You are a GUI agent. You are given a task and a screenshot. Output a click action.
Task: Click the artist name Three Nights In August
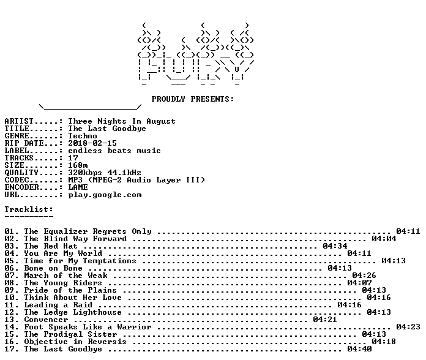coord(122,121)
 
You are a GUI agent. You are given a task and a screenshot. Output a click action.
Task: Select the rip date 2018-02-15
coord(92,143)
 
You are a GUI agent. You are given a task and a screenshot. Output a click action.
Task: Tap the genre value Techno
coord(83,136)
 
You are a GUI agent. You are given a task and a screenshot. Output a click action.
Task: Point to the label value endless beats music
coord(114,151)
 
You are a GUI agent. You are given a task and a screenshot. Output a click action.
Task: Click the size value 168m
coord(78,165)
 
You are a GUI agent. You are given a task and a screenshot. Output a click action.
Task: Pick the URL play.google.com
coord(105,195)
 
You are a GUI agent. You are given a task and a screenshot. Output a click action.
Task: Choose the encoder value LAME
coord(78,187)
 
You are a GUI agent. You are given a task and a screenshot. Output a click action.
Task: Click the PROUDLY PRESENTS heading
coord(193,99)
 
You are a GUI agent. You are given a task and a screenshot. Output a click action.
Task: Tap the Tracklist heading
coord(29,209)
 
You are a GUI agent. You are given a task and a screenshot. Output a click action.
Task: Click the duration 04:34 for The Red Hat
coord(335,246)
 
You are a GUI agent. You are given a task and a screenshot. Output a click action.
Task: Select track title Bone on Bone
coord(53,268)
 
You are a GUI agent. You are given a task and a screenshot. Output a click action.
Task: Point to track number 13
coord(10,320)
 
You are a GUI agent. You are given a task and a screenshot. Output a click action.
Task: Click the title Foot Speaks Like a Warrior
coord(88,327)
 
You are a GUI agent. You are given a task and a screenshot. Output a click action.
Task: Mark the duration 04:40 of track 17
coord(359,349)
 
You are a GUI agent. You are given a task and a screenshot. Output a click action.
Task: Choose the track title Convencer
coord(46,320)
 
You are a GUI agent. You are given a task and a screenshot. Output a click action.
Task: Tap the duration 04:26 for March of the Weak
coord(364,276)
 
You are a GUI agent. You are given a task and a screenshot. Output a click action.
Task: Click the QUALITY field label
coord(21,173)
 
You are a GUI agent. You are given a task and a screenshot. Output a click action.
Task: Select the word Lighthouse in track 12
coord(97,312)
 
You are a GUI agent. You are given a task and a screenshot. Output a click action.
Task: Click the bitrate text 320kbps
coord(85,173)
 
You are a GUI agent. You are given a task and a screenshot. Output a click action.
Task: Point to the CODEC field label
coord(17,180)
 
